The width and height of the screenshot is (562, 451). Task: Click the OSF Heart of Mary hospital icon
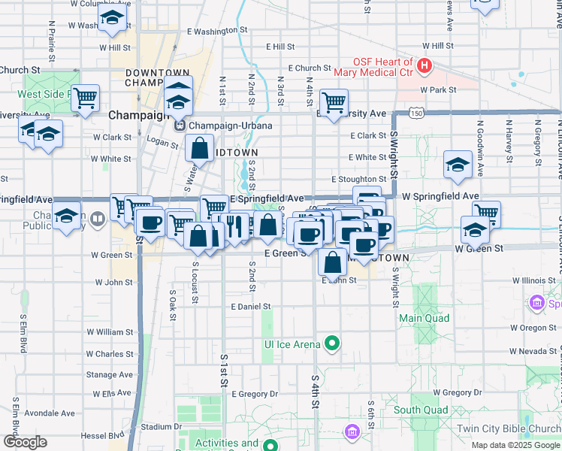tap(425, 67)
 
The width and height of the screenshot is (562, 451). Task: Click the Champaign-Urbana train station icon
tap(180, 126)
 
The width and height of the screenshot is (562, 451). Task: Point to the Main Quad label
tap(424, 318)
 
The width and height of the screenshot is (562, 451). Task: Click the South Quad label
tap(420, 410)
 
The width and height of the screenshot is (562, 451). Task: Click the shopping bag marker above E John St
tap(332, 262)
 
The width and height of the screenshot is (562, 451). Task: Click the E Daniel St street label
tap(251, 307)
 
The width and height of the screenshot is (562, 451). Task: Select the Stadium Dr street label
tap(156, 426)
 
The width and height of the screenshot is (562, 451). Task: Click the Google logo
tap(26, 442)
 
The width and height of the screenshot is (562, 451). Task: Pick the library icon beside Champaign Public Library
tap(98, 219)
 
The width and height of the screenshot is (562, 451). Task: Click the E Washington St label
tap(217, 31)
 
